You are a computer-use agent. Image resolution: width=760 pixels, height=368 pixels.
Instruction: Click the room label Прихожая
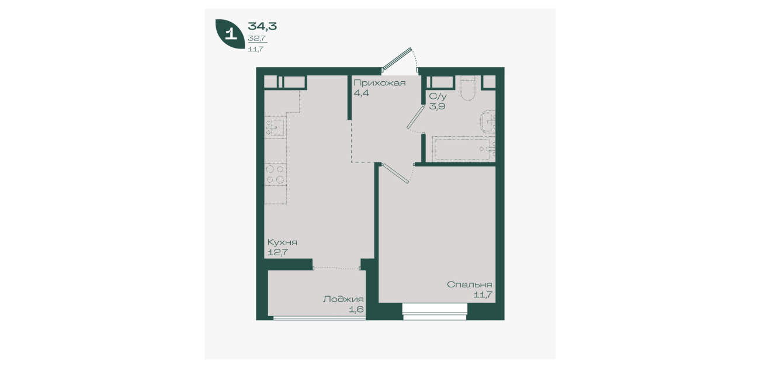[x=379, y=83]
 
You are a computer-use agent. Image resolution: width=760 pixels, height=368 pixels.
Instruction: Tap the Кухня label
[x=282, y=242]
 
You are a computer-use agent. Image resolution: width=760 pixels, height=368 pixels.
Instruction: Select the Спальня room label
[x=469, y=284]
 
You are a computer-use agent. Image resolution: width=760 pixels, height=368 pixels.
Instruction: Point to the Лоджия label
[x=343, y=299]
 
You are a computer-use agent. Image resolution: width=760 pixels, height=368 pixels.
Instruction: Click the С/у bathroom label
[x=438, y=96]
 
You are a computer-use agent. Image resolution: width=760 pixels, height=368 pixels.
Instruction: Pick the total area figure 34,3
[x=262, y=26]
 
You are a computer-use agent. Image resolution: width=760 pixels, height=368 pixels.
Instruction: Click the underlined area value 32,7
[x=256, y=39]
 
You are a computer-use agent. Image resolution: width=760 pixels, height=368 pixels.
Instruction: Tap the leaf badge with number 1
[x=230, y=34]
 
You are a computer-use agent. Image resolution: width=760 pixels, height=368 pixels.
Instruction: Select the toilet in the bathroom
[x=468, y=88]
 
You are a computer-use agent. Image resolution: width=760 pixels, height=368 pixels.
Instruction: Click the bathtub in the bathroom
[x=463, y=149]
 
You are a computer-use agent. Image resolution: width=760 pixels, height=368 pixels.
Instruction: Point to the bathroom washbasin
[x=488, y=121]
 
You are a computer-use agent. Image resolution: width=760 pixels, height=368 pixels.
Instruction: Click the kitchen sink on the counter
[x=276, y=127]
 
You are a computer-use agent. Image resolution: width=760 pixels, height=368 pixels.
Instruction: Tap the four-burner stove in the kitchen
[x=276, y=174]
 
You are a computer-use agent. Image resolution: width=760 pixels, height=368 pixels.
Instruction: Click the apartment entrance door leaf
[x=397, y=58]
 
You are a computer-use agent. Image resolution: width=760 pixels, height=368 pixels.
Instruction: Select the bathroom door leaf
[x=415, y=117]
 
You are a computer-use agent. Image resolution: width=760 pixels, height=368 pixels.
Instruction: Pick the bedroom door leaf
[x=395, y=173]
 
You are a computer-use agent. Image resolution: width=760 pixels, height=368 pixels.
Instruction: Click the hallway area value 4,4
[x=362, y=93]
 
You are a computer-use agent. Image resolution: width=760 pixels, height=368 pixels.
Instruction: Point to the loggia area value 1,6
[x=356, y=310]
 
